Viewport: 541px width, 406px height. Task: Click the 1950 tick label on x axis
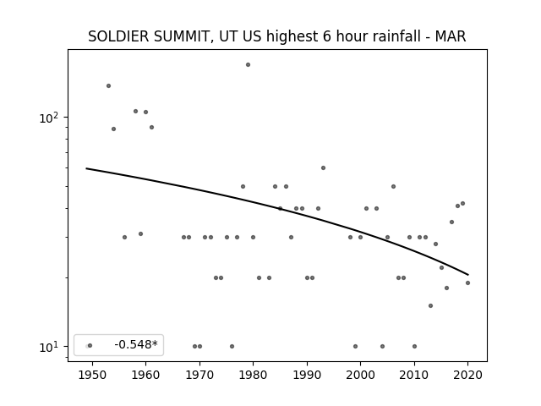click(x=92, y=376)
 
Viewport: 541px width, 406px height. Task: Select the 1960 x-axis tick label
click(x=145, y=376)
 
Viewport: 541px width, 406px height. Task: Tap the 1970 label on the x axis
click(x=199, y=376)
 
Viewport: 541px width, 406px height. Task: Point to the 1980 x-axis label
click(x=254, y=376)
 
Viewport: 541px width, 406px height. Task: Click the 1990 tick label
click(x=307, y=376)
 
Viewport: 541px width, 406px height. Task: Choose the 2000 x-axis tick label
click(x=361, y=376)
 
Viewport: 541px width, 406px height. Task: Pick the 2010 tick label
click(x=414, y=376)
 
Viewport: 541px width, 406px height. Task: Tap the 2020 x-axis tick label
click(x=467, y=376)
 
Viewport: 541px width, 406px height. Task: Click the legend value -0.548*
click(x=136, y=344)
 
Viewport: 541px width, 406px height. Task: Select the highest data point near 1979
click(x=248, y=65)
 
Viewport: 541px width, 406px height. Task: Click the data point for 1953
click(x=109, y=86)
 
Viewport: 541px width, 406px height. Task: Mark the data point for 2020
click(x=467, y=283)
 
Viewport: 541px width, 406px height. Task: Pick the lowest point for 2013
click(x=430, y=306)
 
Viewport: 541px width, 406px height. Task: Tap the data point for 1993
click(x=323, y=168)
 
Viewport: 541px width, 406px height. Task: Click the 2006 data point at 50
click(x=393, y=187)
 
